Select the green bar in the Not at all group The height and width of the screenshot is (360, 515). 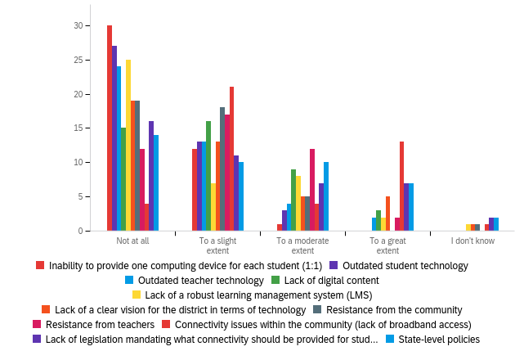point(123,179)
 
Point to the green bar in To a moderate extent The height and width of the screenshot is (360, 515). point(293,200)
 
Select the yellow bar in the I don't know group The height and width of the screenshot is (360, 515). point(468,227)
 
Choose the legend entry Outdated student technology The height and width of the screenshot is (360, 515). point(405,265)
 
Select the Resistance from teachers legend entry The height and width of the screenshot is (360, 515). point(100,324)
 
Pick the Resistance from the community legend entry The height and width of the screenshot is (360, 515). point(394,309)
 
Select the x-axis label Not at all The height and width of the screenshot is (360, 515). point(132,241)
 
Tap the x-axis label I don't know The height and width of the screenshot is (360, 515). point(473,241)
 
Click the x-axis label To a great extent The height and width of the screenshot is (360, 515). point(387,245)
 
